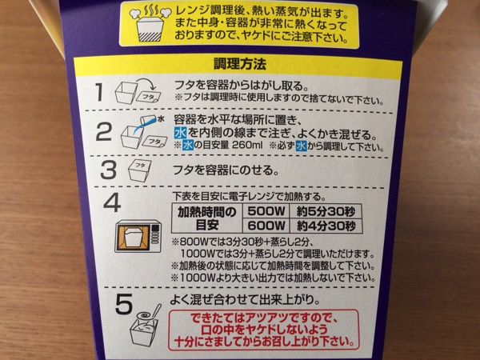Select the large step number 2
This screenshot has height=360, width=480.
(x=102, y=133)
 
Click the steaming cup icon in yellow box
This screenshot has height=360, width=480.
(x=147, y=26)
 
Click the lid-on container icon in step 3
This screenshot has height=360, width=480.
(x=138, y=171)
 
